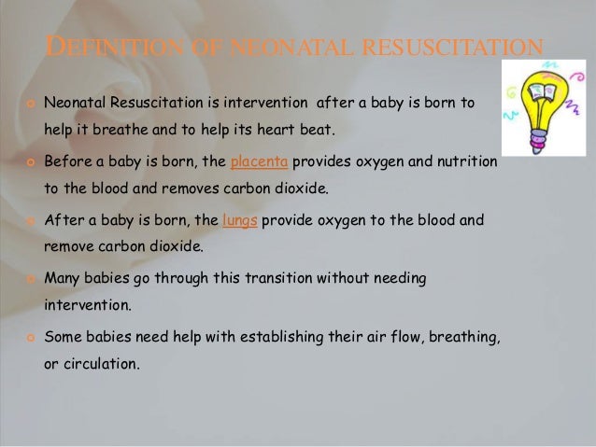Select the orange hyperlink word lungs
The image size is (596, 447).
pyautogui.click(x=239, y=221)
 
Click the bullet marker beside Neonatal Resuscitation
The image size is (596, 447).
pyautogui.click(x=30, y=101)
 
